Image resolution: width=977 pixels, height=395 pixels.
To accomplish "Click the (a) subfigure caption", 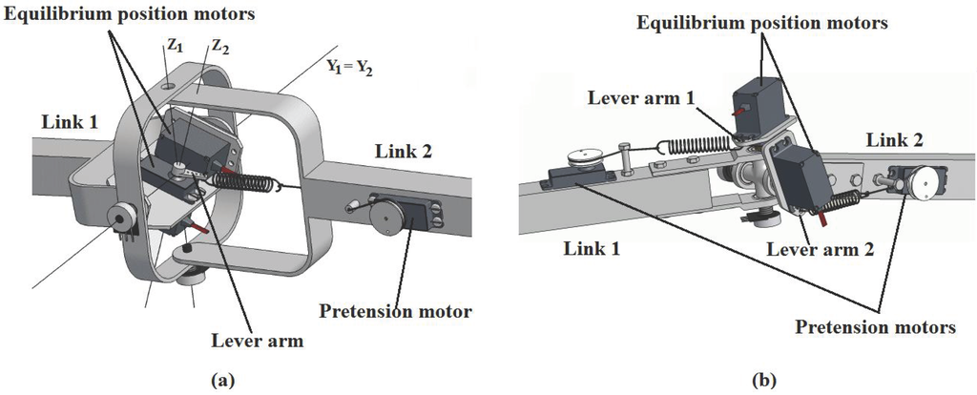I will pyautogui.click(x=221, y=381).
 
